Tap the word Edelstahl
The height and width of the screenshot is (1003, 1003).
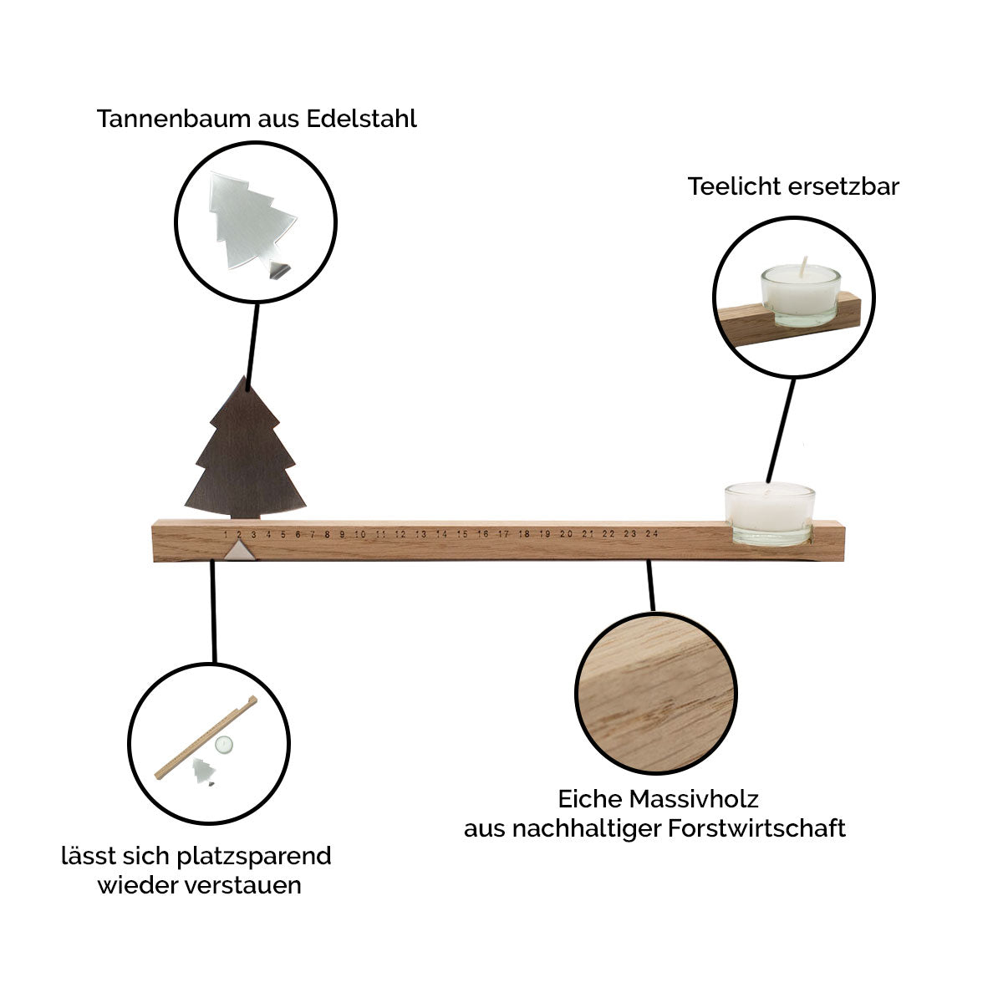[361, 119]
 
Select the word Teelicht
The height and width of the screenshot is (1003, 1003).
[731, 186]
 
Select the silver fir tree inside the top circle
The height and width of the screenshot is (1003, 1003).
[252, 221]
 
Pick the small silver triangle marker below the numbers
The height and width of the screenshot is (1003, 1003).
[239, 550]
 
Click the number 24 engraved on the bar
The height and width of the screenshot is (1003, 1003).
[652, 533]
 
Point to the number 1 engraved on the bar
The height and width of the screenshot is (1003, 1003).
[226, 534]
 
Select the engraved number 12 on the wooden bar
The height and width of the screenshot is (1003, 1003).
[400, 534]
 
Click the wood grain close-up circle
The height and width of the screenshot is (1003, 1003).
[656, 692]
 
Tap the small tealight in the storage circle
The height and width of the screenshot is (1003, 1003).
[224, 745]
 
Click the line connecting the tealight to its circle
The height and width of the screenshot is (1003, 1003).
[781, 430]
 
